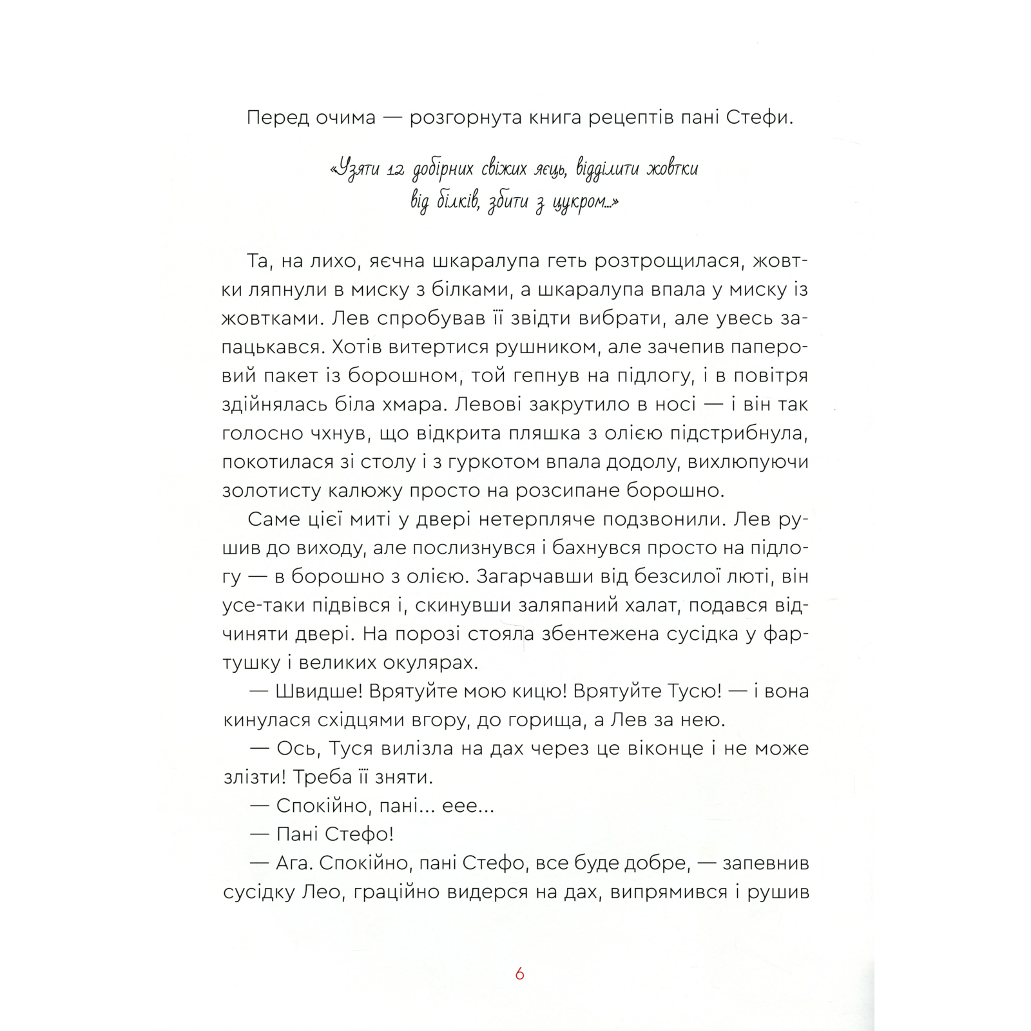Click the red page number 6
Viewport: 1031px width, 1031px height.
520,974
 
